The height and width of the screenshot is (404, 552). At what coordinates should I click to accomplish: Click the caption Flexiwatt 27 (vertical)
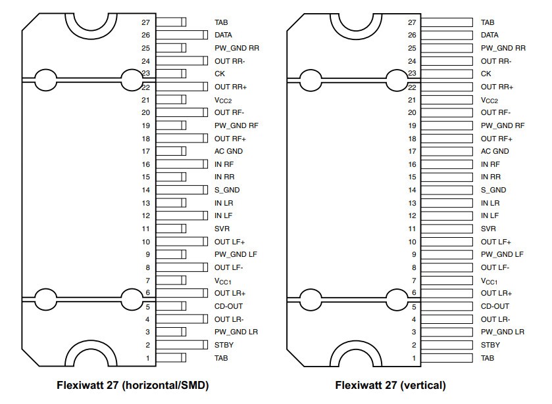(x=390, y=386)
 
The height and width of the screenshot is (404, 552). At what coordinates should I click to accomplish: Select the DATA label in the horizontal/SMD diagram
(x=223, y=35)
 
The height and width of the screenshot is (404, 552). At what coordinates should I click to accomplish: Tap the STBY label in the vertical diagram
(x=490, y=345)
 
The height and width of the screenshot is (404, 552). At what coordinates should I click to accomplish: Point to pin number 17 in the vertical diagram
(x=412, y=151)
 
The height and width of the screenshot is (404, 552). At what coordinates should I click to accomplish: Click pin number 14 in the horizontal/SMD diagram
(x=146, y=190)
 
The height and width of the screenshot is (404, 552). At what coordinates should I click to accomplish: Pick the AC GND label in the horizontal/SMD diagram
(x=228, y=151)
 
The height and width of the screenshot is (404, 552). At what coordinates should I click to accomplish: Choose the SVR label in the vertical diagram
(x=488, y=229)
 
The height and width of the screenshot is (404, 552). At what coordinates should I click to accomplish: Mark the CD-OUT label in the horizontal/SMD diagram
(x=228, y=306)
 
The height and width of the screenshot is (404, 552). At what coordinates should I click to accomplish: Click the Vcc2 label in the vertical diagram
(x=489, y=100)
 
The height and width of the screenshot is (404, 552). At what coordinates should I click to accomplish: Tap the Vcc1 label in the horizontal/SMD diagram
(x=223, y=281)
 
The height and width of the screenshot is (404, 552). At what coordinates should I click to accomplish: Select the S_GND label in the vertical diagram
(x=493, y=190)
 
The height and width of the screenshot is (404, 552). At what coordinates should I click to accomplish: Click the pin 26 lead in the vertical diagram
(x=447, y=35)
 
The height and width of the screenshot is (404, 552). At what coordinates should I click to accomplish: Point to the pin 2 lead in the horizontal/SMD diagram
(x=182, y=345)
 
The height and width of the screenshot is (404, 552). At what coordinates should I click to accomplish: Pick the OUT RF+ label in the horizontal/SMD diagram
(x=230, y=139)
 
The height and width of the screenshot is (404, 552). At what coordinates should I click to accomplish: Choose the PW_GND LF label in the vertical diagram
(x=502, y=254)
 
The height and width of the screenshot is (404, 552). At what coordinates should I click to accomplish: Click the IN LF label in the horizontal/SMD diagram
(x=224, y=215)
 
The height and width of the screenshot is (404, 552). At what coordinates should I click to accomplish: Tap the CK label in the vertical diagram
(x=486, y=74)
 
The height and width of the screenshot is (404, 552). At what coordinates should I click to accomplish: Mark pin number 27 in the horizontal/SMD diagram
(x=146, y=22)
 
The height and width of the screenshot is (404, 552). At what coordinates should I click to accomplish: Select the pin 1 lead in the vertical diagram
(x=447, y=358)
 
